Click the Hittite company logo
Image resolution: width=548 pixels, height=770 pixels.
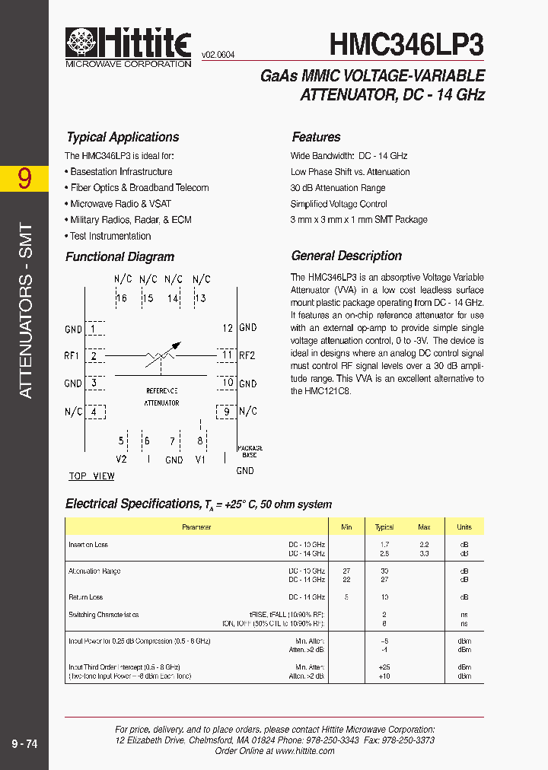tap(127, 46)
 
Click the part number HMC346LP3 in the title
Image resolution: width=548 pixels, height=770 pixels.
tap(406, 44)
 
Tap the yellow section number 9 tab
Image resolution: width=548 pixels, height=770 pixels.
tap(25, 178)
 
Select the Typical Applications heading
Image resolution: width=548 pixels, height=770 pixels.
tap(123, 137)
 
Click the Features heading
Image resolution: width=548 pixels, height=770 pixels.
tap(316, 137)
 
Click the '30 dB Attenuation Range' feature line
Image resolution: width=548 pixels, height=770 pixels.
tap(338, 188)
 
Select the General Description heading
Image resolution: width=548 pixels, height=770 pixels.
tap(346, 256)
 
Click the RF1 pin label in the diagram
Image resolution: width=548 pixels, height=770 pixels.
tap(73, 355)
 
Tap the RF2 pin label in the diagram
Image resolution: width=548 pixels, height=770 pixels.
tap(247, 355)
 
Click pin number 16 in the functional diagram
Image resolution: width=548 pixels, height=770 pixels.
tap(121, 298)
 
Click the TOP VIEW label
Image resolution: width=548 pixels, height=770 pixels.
tap(91, 476)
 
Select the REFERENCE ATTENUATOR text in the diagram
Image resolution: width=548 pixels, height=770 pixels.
tap(161, 396)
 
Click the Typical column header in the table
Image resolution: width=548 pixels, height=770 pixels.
tap(384, 527)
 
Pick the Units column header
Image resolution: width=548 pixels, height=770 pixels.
tap(464, 527)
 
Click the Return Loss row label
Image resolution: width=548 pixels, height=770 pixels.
tap(86, 597)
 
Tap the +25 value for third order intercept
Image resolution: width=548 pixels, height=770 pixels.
tap(384, 667)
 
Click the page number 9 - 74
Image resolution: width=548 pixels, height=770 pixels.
tap(25, 744)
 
